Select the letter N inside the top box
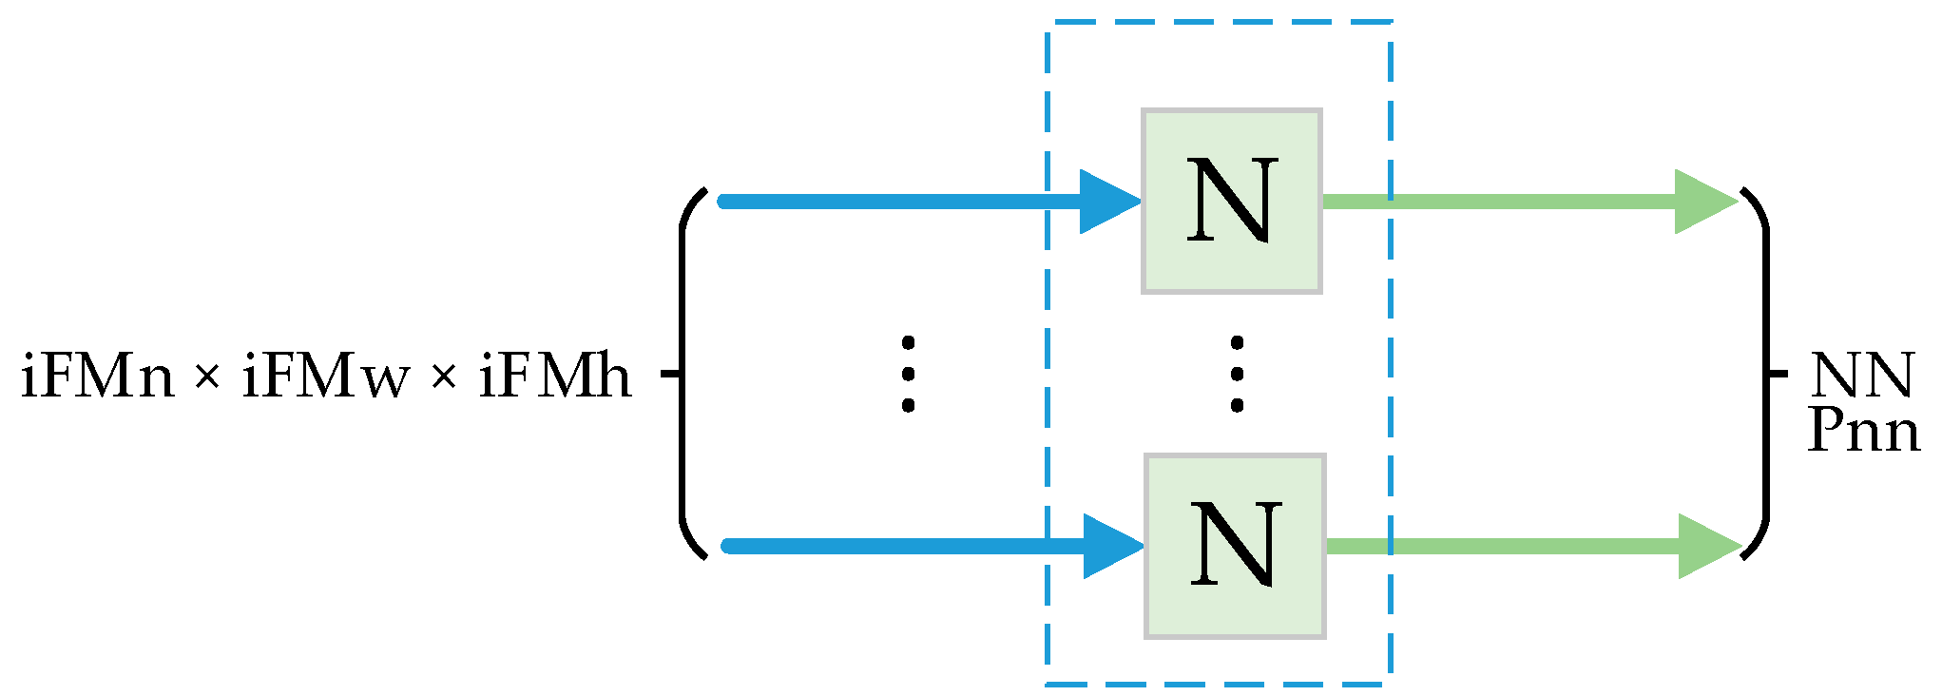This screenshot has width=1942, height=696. point(1231,201)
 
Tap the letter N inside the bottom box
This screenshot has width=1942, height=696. point(1235,545)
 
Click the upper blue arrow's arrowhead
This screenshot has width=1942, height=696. point(1108,201)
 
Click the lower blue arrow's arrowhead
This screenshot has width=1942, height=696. point(1112,546)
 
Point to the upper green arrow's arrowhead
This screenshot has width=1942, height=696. point(1703,201)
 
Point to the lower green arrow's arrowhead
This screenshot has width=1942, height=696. point(1707,546)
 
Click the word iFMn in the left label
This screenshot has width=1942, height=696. point(98,377)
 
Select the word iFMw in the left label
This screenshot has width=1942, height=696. point(325,377)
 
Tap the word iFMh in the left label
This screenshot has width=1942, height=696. point(555,377)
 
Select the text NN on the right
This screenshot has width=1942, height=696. point(1861,376)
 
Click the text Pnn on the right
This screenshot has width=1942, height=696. point(1863,431)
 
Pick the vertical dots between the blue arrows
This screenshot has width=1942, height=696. point(908,374)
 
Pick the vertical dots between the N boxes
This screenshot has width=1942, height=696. point(1236,374)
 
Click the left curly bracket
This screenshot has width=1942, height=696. point(683,375)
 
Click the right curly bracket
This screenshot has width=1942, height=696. point(1766,375)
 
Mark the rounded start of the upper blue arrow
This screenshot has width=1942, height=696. point(724,201)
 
